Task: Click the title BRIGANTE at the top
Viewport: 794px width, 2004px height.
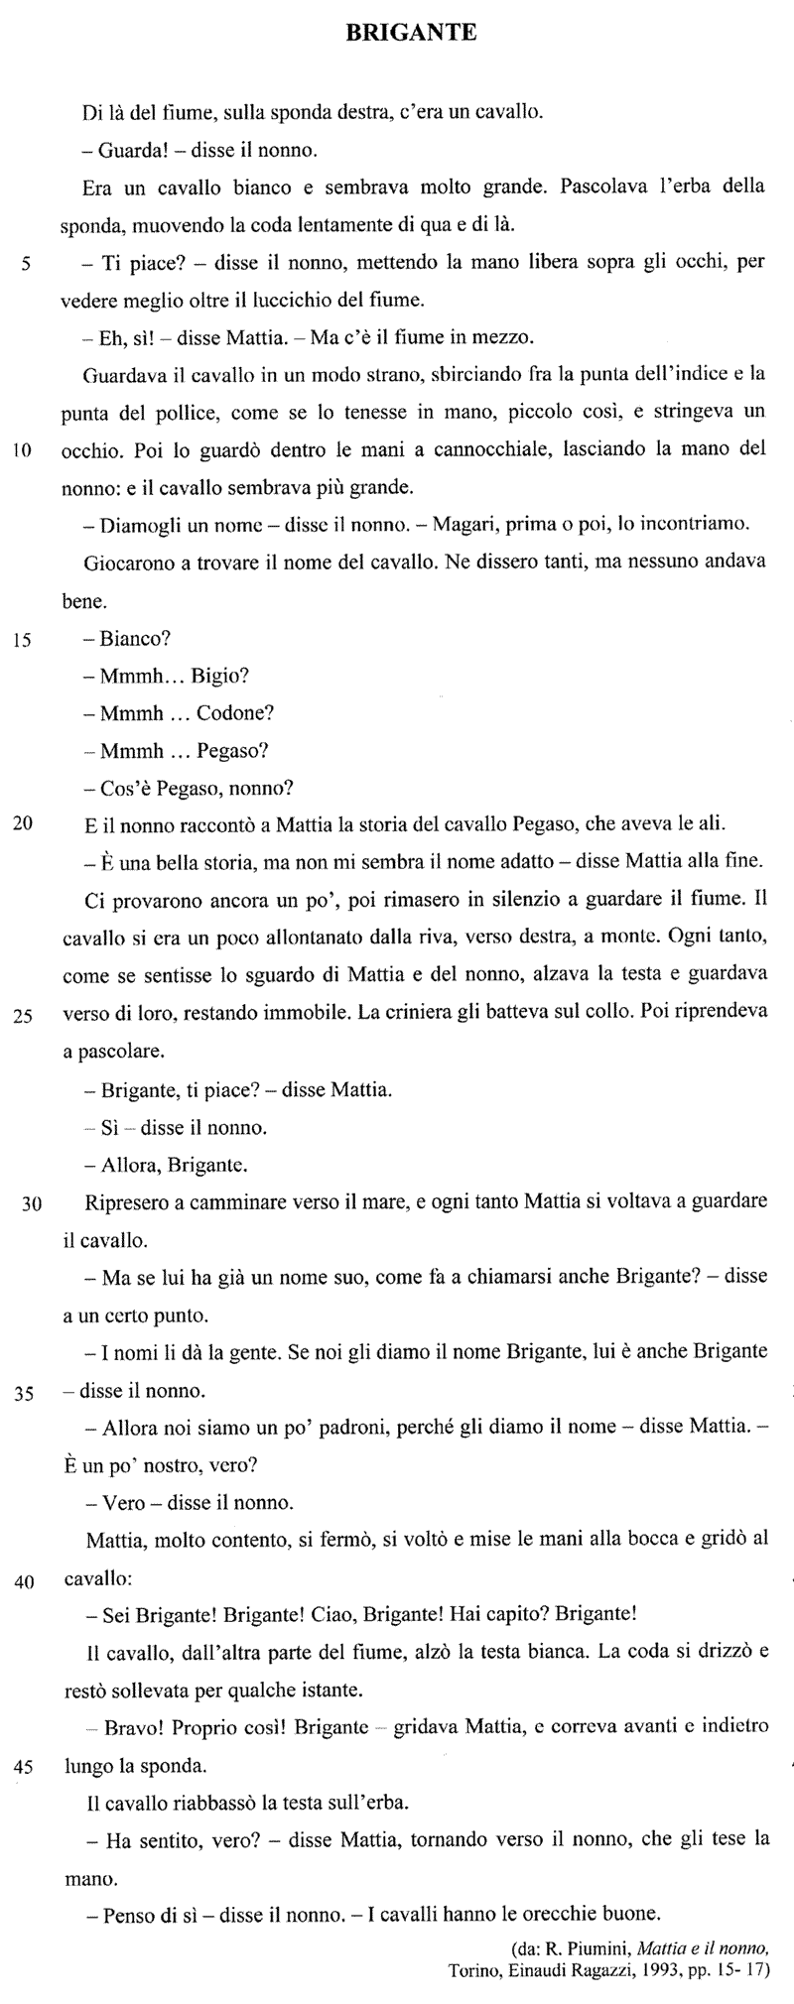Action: pos(411,34)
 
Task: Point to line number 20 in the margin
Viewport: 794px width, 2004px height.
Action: pos(24,822)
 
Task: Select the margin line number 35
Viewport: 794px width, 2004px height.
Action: pos(24,1393)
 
